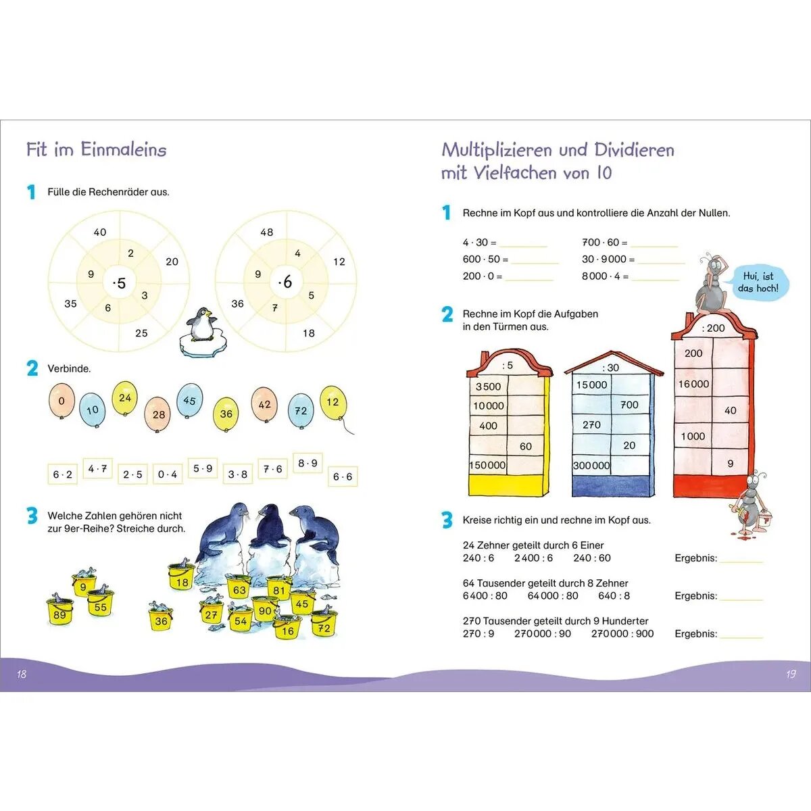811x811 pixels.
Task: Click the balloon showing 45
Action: tap(189, 401)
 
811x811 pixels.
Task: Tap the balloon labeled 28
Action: tap(158, 414)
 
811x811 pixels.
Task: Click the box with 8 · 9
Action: tap(308, 463)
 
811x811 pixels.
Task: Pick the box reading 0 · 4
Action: tap(168, 474)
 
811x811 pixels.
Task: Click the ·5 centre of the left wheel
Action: tap(120, 283)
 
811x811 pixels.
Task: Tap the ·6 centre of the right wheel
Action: tap(286, 282)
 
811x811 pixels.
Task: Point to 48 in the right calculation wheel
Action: tap(267, 232)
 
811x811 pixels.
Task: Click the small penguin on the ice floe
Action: tap(200, 325)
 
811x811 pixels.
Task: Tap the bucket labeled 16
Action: tap(287, 629)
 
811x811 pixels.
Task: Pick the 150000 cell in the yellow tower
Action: tap(488, 465)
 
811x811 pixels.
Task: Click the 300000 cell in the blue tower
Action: tap(591, 465)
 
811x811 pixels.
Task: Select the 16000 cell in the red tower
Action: tap(693, 384)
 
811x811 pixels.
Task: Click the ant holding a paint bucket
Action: tap(752, 503)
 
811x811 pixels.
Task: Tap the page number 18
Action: tap(22, 674)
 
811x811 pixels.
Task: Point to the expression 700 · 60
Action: tap(600, 242)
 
